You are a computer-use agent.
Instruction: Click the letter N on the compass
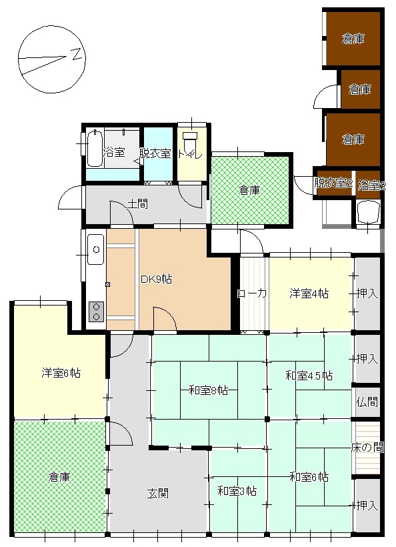click(x=77, y=53)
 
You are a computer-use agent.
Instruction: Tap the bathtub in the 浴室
click(x=95, y=148)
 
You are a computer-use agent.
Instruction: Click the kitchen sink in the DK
click(x=96, y=249)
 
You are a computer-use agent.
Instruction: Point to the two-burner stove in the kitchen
click(x=97, y=312)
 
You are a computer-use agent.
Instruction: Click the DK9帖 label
click(x=156, y=280)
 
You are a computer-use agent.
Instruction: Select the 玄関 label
click(x=157, y=493)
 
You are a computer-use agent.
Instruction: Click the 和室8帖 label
click(x=209, y=390)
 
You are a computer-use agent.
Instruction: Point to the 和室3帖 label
click(x=237, y=491)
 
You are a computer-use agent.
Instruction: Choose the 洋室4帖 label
click(x=309, y=294)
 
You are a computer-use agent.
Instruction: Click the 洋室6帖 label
click(x=61, y=373)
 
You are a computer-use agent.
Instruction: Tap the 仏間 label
click(x=367, y=402)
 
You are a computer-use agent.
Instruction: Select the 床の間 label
click(x=368, y=447)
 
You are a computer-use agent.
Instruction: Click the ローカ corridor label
click(x=252, y=294)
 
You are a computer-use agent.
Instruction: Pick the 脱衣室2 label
click(x=333, y=183)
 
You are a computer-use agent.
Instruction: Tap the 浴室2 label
click(x=371, y=185)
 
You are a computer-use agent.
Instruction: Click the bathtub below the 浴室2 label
click(x=368, y=212)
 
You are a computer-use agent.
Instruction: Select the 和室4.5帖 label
click(x=309, y=376)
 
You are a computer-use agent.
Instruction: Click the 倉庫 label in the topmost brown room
click(x=353, y=39)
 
